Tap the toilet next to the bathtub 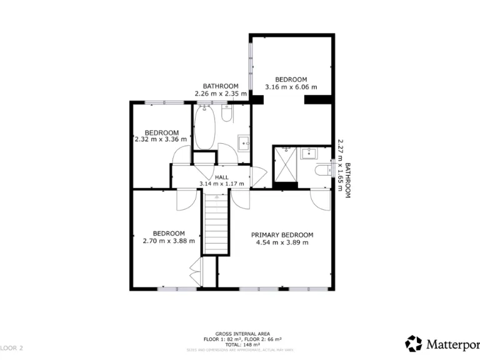click(x=227, y=112)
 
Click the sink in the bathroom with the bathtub click(x=243, y=142)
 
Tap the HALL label click(x=221, y=177)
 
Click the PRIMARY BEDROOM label click(x=282, y=235)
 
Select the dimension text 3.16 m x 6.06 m click(x=291, y=87)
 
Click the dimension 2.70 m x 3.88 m click(x=169, y=241)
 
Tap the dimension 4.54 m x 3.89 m click(x=282, y=242)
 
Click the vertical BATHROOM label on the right click(x=347, y=181)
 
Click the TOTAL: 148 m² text click(x=240, y=344)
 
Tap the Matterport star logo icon click(x=414, y=343)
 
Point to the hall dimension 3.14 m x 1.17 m click(x=221, y=184)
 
